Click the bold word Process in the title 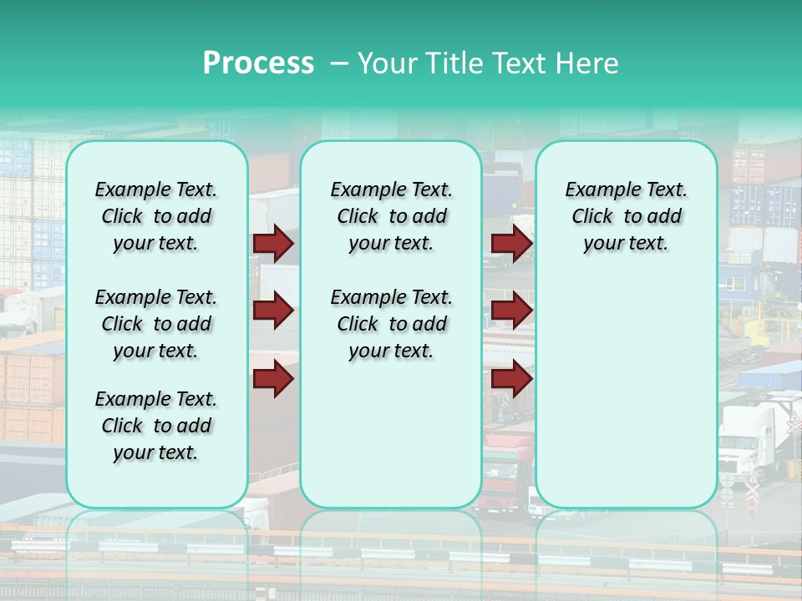(x=258, y=63)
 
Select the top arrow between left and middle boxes (x=273, y=244)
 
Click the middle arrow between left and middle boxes (x=273, y=311)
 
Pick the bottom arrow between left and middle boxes (x=273, y=380)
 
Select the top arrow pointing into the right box (x=511, y=244)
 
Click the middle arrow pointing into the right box (x=511, y=311)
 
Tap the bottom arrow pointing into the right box (x=511, y=380)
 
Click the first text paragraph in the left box (x=156, y=216)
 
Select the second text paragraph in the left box (x=156, y=324)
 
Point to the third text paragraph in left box (x=156, y=426)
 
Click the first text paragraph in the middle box (x=391, y=216)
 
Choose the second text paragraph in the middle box (x=391, y=324)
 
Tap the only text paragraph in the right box (x=626, y=216)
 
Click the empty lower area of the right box (x=626, y=401)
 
